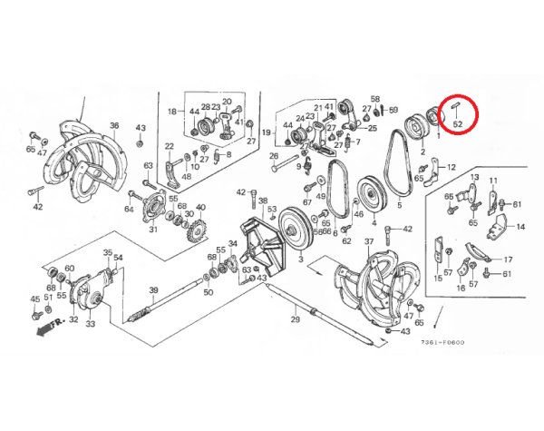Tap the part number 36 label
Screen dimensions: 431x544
pos(114,125)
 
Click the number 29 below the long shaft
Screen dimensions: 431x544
pos(295,320)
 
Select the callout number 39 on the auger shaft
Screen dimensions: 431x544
pos(154,290)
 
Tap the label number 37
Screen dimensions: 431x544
pos(368,242)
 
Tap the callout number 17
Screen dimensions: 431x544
pos(508,260)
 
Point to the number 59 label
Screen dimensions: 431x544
pos(393,110)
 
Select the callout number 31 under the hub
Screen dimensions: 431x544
pos(153,230)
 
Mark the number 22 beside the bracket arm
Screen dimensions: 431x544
pos(169,147)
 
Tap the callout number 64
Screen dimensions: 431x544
pos(129,210)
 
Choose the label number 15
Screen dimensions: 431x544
pos(439,279)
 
